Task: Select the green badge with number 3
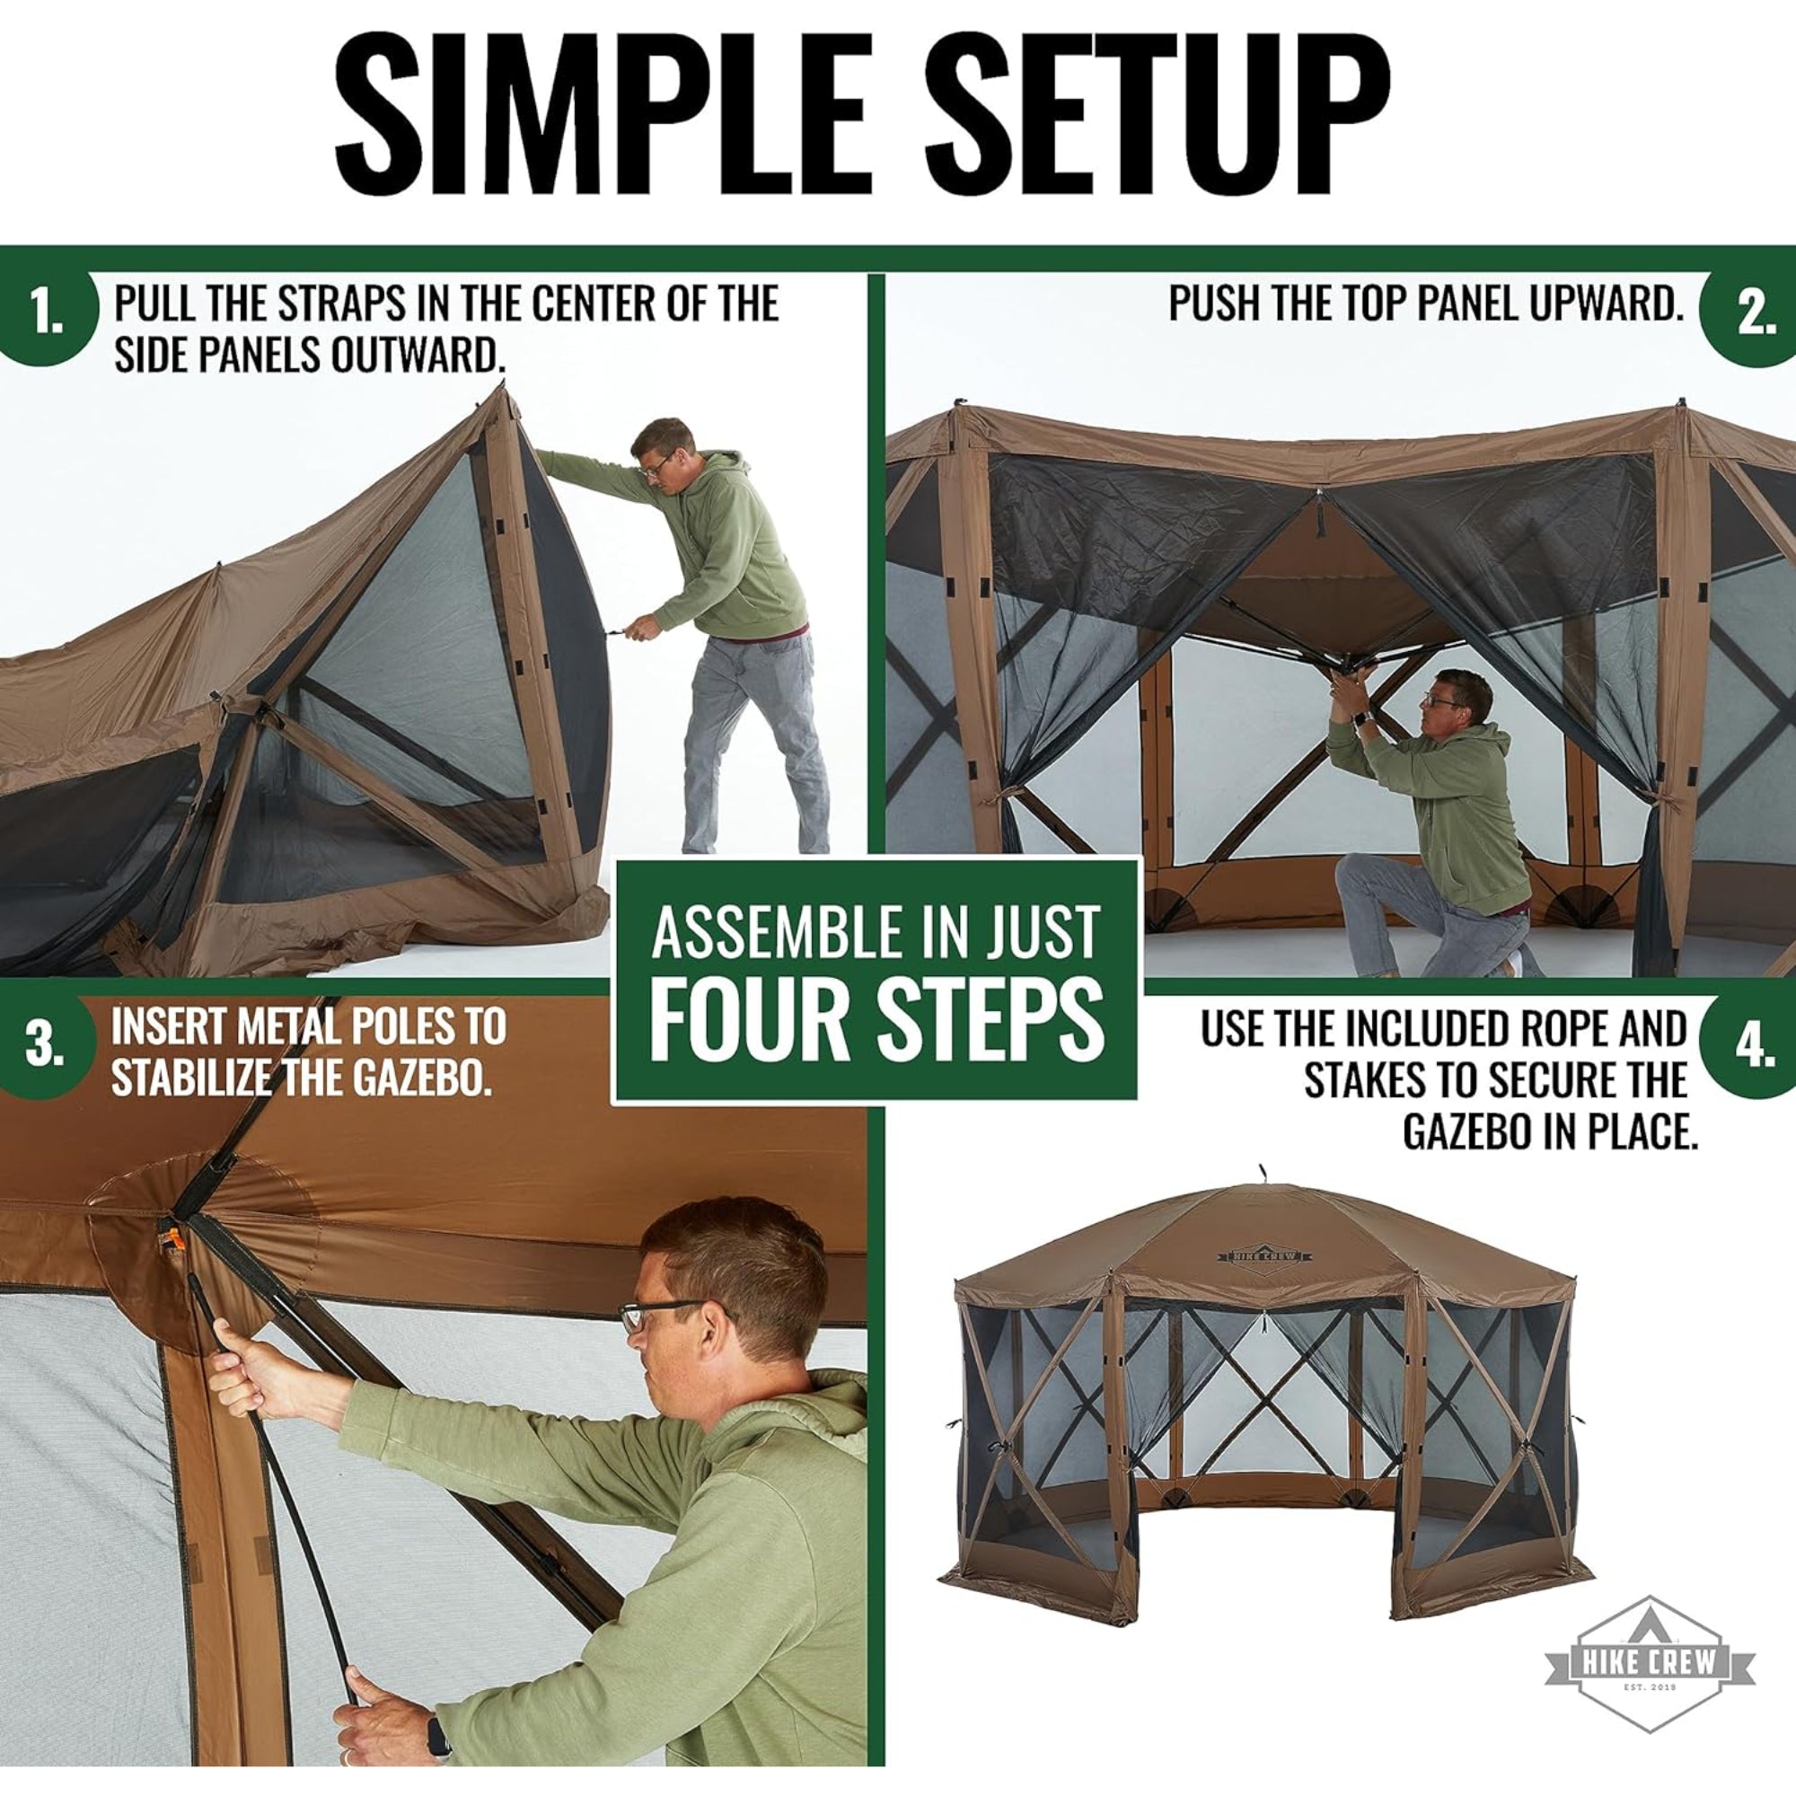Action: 44,1043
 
